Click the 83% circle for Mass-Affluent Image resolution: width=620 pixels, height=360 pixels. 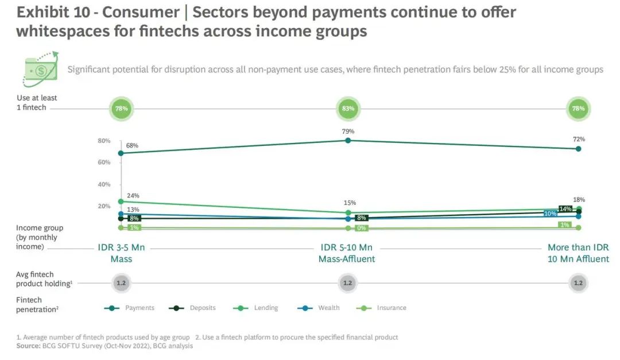(x=347, y=108)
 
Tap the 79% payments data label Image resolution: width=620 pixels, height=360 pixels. (x=348, y=131)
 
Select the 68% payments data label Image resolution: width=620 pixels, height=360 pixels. (x=133, y=145)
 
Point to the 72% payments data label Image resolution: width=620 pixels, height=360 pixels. (x=578, y=140)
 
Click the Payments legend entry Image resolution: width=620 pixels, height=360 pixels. (x=139, y=308)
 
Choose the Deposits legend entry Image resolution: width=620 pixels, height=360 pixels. (x=203, y=308)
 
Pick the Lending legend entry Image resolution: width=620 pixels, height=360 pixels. (x=266, y=308)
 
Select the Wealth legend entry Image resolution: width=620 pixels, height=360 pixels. (x=328, y=308)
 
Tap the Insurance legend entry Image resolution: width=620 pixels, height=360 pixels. (x=391, y=308)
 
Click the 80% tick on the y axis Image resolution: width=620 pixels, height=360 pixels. (x=104, y=141)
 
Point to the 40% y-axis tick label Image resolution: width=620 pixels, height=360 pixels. (x=104, y=184)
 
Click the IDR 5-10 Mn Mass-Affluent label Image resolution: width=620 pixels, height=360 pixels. (x=347, y=253)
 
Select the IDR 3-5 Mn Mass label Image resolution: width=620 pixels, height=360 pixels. (x=121, y=253)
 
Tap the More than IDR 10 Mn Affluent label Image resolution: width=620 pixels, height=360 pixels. (x=578, y=253)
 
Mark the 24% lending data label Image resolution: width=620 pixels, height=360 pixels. (x=133, y=196)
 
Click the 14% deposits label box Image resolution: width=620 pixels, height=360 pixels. (x=565, y=209)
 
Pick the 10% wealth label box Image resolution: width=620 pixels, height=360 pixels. (x=551, y=214)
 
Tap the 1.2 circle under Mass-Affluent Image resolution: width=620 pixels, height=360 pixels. (x=347, y=282)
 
